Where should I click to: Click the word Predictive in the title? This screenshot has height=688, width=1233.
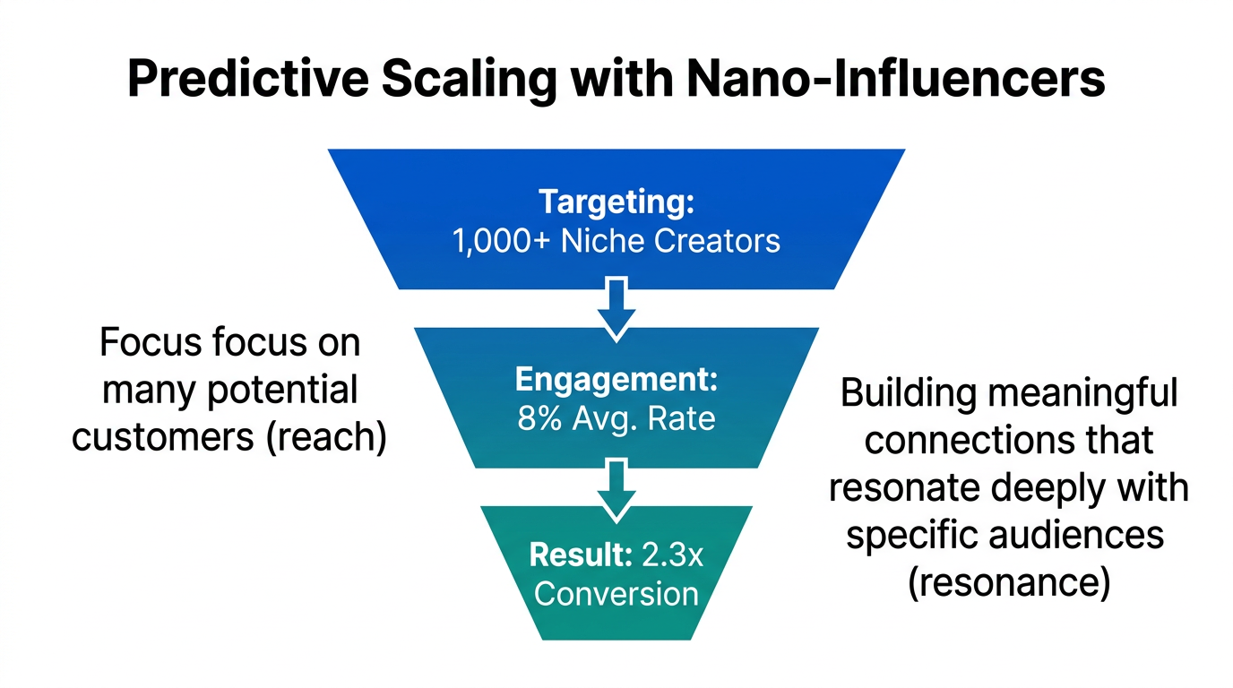(x=247, y=80)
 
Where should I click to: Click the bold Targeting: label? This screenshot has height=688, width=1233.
(x=616, y=202)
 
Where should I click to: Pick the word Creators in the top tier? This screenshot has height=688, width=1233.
(x=717, y=241)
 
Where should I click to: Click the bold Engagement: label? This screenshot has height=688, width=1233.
(x=616, y=379)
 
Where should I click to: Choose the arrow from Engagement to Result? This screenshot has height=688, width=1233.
(x=616, y=488)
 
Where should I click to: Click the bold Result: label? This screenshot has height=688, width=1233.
(x=581, y=555)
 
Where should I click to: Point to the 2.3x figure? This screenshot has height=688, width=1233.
(x=671, y=555)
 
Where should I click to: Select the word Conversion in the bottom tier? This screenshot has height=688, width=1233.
(x=616, y=593)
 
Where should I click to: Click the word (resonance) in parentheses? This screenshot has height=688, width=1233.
(x=1008, y=583)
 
